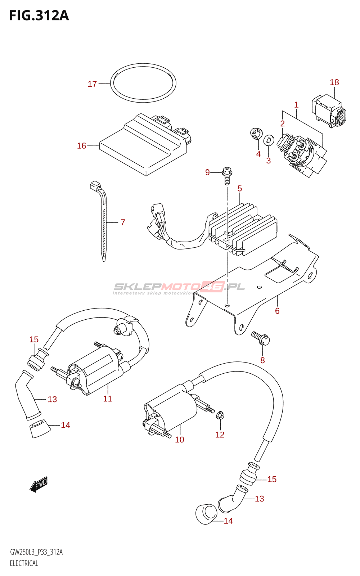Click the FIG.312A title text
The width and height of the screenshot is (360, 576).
coord(39,16)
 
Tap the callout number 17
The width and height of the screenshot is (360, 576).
coord(92,84)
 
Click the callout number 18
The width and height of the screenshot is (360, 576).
coord(334,82)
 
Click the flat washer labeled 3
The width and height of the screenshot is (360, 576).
coord(269,140)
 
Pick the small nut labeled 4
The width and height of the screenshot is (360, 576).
coord(256,134)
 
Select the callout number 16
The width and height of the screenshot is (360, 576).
coord(82,146)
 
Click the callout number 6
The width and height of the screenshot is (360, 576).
coord(277,311)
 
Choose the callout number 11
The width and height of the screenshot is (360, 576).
coord(108,399)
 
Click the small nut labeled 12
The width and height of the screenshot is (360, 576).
coord(221,415)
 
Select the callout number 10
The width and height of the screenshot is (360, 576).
coord(180,440)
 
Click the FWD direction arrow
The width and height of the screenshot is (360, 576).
coord(39,485)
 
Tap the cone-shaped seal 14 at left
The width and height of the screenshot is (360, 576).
coord(40,428)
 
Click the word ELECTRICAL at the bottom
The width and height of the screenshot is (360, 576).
coord(24,563)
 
